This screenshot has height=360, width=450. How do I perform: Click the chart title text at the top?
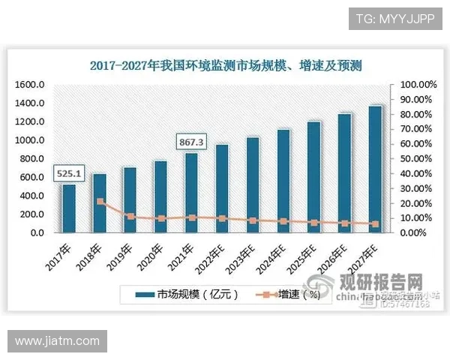(225, 65)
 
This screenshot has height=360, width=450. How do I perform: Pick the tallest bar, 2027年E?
(375, 169)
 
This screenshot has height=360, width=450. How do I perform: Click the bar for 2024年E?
(283, 181)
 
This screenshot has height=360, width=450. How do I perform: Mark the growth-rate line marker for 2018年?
(100, 202)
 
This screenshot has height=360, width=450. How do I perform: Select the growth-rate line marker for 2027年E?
(375, 223)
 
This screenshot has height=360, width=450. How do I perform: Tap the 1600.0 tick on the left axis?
(29, 85)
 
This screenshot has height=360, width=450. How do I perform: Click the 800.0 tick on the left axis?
(31, 159)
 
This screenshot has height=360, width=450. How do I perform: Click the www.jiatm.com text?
(57, 341)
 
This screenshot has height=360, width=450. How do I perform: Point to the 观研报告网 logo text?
(382, 283)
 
